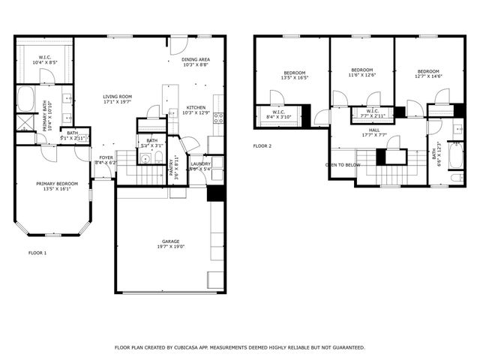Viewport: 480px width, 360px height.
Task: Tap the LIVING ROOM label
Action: (x=118, y=96)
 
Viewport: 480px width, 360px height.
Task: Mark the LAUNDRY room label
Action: (x=200, y=163)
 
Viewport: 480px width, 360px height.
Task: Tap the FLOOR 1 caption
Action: (x=37, y=253)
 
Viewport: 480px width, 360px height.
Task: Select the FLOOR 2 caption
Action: (x=262, y=145)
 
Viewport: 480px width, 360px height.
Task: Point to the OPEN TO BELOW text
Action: (x=343, y=164)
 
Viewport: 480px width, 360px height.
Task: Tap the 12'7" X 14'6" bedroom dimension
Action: (x=428, y=76)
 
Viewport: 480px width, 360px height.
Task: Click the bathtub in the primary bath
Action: (x=25, y=99)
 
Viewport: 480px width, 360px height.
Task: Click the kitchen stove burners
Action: (x=218, y=117)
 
